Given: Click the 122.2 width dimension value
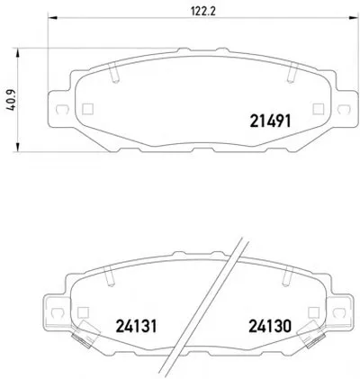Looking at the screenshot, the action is [x=203, y=11].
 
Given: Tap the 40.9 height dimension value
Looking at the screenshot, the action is [x=11, y=100].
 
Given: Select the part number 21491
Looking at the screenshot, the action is [x=270, y=122].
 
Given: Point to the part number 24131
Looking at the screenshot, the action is [x=136, y=326].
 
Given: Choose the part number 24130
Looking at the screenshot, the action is [x=270, y=326].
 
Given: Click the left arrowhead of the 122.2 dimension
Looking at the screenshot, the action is [x=52, y=18].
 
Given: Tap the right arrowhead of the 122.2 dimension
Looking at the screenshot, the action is [x=354, y=18].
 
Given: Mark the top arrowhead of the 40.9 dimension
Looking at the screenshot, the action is [x=18, y=52].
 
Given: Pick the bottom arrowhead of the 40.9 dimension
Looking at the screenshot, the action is [x=18, y=148].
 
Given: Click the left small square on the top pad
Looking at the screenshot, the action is [x=87, y=109].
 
